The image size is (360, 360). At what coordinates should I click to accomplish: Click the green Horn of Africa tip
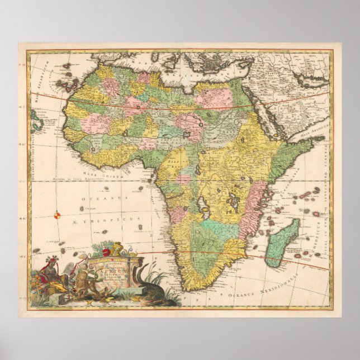(306, 144)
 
